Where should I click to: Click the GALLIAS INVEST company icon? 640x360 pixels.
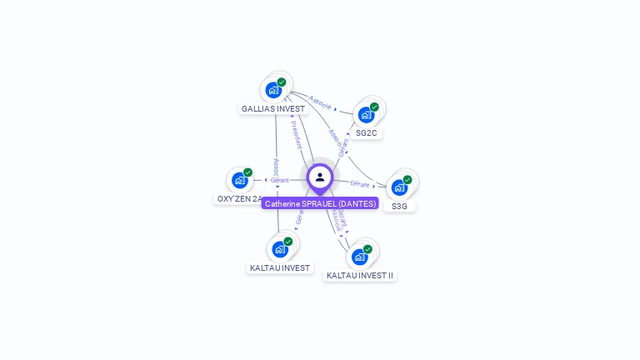click(x=272, y=90)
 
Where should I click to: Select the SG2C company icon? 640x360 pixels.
click(x=365, y=115)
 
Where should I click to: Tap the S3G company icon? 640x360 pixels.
click(x=399, y=187)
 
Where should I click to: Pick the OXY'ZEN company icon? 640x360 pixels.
click(x=240, y=180)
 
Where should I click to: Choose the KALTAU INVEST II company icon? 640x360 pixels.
click(x=359, y=257)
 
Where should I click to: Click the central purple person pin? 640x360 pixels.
click(x=320, y=177)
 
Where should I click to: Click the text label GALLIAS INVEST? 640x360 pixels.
click(x=274, y=109)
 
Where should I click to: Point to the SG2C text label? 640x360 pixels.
click(x=367, y=133)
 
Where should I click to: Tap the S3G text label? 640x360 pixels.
click(x=400, y=206)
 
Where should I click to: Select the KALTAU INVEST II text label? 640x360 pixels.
click(x=360, y=276)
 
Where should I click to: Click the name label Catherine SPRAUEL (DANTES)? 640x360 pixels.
click(x=320, y=203)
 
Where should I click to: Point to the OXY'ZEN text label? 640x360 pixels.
click(x=239, y=199)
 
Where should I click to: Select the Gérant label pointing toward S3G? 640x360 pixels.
click(x=360, y=183)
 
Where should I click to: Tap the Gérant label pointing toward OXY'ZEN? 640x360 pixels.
click(x=279, y=180)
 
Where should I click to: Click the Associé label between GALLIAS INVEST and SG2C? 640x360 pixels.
click(x=320, y=102)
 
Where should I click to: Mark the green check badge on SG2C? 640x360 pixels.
click(x=374, y=107)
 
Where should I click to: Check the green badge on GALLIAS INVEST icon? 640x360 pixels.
click(x=282, y=82)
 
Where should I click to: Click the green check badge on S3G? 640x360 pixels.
click(x=407, y=179)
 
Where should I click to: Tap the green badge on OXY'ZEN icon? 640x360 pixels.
click(x=247, y=172)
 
